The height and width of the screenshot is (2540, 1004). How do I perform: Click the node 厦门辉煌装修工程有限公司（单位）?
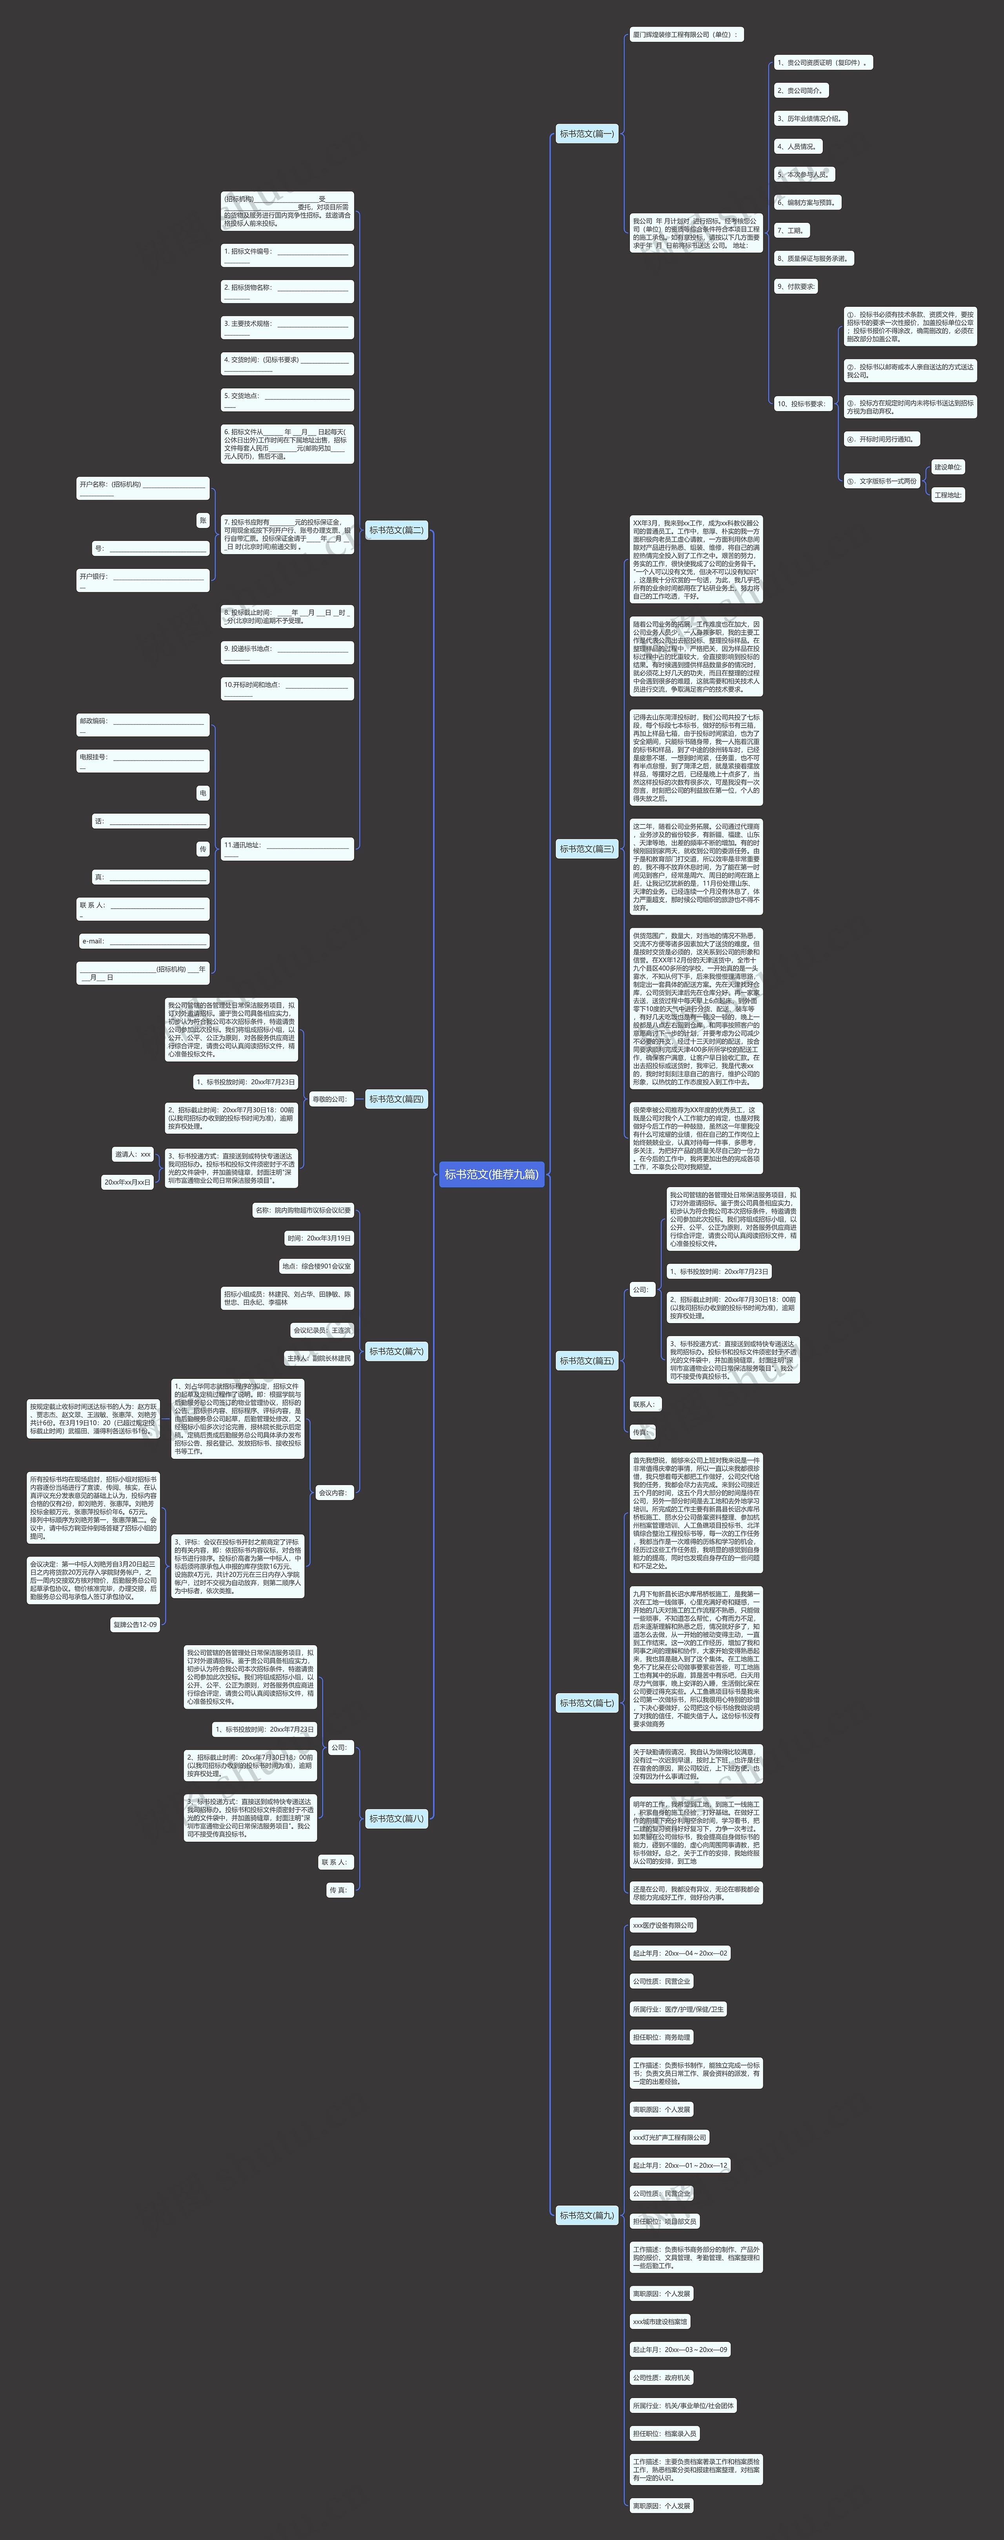tap(686, 35)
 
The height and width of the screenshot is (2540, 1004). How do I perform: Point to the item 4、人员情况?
tap(797, 146)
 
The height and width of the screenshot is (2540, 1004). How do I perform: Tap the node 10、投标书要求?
tap(802, 403)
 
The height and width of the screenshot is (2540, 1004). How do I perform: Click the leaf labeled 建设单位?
tap(948, 467)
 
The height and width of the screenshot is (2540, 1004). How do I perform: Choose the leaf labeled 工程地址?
tap(948, 495)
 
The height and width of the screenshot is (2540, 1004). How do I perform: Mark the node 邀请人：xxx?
tap(132, 1154)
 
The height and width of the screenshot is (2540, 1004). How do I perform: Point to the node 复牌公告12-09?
tap(135, 1624)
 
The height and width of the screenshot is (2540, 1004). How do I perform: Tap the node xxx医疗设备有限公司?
tap(663, 1925)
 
